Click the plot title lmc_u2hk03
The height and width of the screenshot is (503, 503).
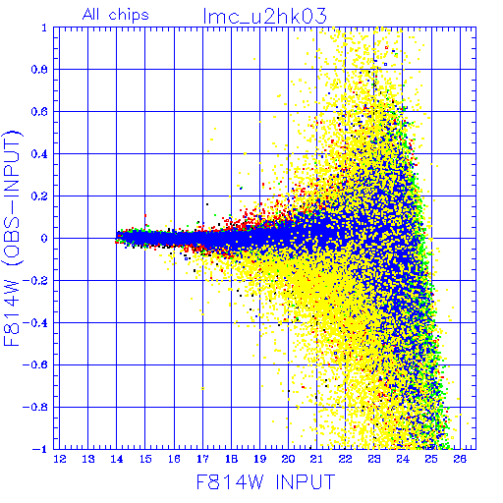pyautogui.click(x=264, y=16)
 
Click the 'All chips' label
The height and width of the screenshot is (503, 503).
pyautogui.click(x=116, y=15)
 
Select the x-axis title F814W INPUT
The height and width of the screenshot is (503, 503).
pyautogui.click(x=265, y=482)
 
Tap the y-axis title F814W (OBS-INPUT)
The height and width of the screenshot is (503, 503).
pyautogui.click(x=12, y=238)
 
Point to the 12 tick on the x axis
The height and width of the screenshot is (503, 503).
pyautogui.click(x=60, y=459)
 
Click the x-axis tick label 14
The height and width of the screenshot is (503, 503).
pyautogui.click(x=117, y=459)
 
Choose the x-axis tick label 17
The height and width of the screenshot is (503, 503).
pyautogui.click(x=202, y=459)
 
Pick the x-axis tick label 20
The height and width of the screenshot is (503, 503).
pyautogui.click(x=288, y=459)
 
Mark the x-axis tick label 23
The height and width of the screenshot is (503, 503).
pyautogui.click(x=374, y=459)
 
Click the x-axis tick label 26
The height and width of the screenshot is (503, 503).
pyautogui.click(x=460, y=459)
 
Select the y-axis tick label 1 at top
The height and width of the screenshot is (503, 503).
pyautogui.click(x=44, y=28)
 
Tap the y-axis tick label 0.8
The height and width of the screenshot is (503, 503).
pyautogui.click(x=39, y=70)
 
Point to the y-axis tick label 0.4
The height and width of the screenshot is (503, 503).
pyautogui.click(x=39, y=154)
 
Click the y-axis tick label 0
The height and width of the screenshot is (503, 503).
pyautogui.click(x=44, y=239)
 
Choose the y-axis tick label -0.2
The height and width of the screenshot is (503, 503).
pyautogui.click(x=35, y=281)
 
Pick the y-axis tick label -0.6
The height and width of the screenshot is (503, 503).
pyautogui.click(x=35, y=364)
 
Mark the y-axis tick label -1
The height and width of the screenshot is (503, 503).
pyautogui.click(x=40, y=449)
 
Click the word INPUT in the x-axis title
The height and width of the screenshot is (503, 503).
pyautogui.click(x=306, y=482)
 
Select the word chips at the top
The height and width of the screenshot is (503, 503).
pyautogui.click(x=129, y=16)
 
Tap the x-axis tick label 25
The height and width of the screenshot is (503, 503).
pyautogui.click(x=431, y=459)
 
